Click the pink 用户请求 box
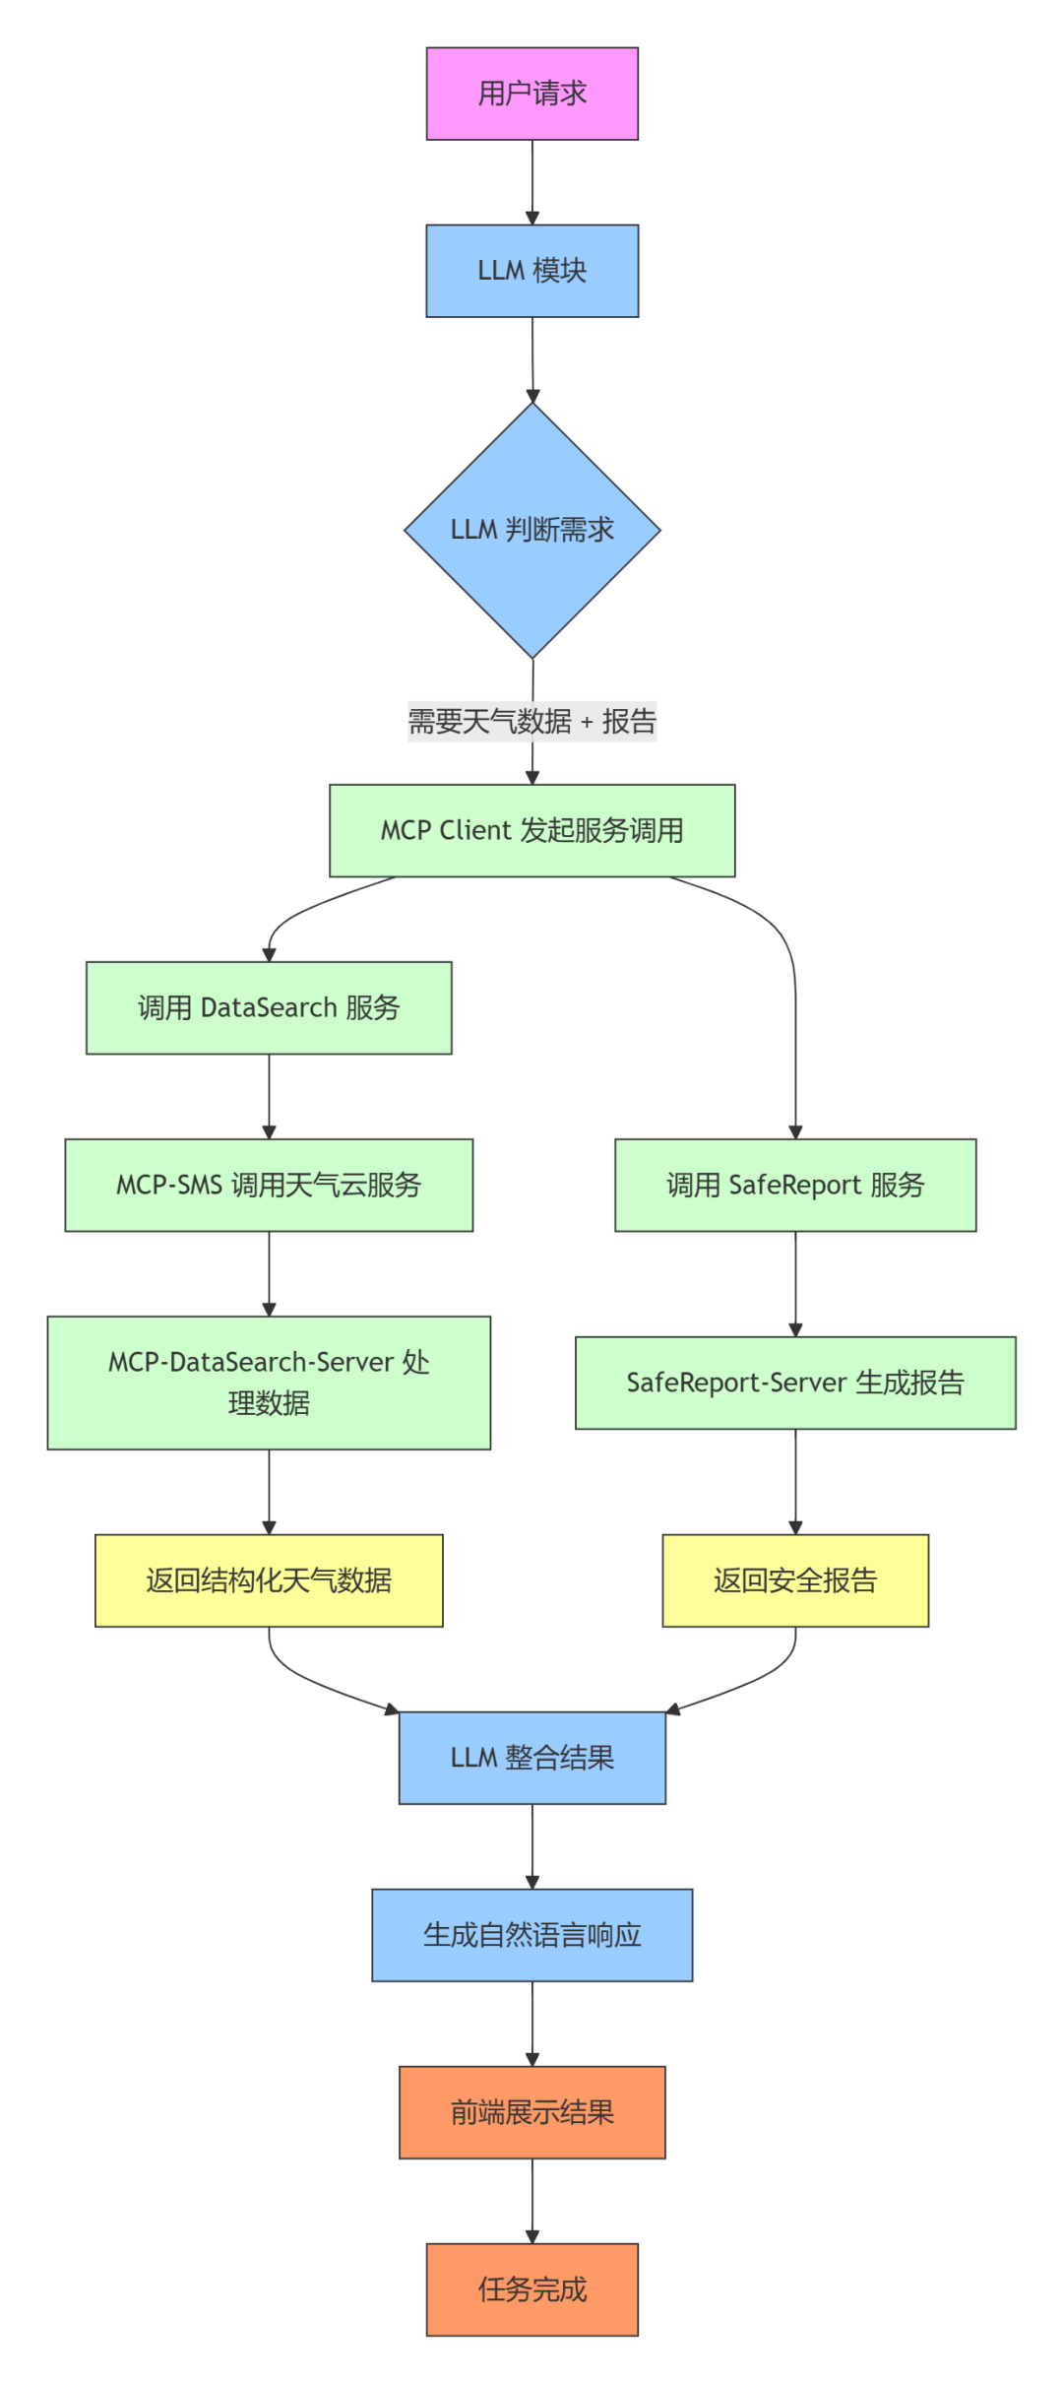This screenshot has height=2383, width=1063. tap(531, 94)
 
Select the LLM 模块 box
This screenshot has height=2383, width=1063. tap(531, 271)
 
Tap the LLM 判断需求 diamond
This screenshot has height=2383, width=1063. tap(531, 530)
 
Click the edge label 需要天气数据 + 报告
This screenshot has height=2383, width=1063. tap(531, 722)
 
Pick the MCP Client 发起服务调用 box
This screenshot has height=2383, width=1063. tap(531, 830)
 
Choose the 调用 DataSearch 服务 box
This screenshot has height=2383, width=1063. tap(269, 1007)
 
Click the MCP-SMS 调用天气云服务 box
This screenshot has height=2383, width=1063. tap(269, 1185)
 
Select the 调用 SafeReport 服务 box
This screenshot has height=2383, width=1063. tap(795, 1185)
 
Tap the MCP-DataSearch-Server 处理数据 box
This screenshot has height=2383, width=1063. tap(269, 1383)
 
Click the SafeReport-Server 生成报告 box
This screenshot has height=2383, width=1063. tap(795, 1383)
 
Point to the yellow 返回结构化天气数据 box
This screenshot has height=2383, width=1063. tap(269, 1580)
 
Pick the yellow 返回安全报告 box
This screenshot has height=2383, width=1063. tap(795, 1580)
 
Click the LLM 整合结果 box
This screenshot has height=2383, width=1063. tap(531, 1758)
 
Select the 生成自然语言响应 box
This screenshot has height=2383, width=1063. tap(531, 1935)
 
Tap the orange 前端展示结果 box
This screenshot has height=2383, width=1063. tap(531, 2112)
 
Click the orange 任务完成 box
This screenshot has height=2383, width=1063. tap(531, 2289)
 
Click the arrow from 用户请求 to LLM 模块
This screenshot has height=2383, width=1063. tap(532, 182)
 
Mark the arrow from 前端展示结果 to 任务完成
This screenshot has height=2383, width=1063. tap(532, 2201)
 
